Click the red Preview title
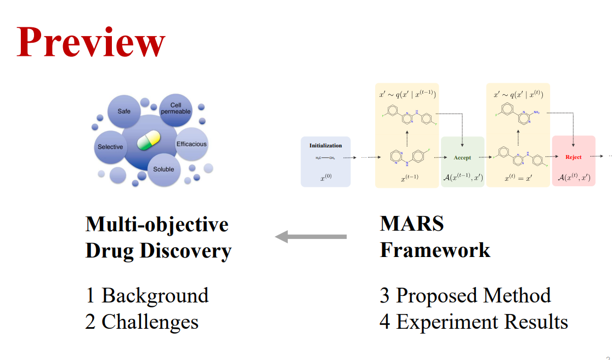tap(91, 42)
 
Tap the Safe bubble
tap(124, 112)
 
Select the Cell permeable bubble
tap(175, 108)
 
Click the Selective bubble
tap(110, 147)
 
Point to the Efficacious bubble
tap(191, 144)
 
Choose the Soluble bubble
tap(163, 169)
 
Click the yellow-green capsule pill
tap(148, 140)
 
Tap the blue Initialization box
tap(325, 161)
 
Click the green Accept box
tap(462, 162)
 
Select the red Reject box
tap(573, 161)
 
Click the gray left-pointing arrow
tap(310, 237)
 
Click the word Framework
tap(435, 250)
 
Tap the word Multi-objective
tap(157, 224)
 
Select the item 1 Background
tap(147, 295)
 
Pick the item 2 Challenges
tap(141, 321)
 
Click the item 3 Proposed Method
tap(465, 295)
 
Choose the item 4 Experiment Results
tap(473, 321)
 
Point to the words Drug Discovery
tap(158, 251)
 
